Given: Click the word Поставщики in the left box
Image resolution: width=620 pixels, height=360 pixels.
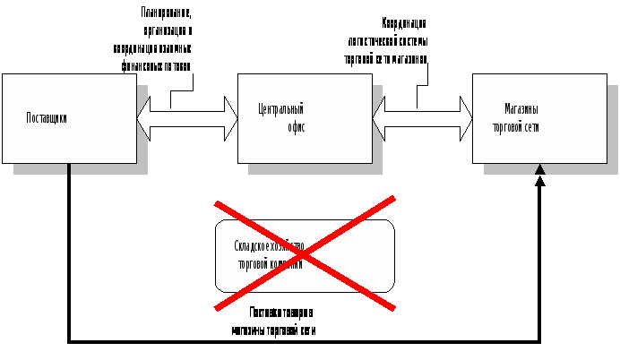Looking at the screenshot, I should [47, 117].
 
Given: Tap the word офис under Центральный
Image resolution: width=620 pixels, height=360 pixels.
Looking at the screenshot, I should [295, 127].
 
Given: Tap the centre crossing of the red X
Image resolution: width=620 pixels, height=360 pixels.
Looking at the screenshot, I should [304, 253].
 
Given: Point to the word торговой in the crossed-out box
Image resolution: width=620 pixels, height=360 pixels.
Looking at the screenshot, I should [256, 264].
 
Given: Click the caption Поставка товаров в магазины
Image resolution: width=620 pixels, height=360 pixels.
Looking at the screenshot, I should [278, 321].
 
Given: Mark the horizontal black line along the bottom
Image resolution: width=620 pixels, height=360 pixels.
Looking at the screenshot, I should [305, 341].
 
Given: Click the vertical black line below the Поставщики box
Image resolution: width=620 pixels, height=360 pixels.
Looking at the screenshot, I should [69, 251].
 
